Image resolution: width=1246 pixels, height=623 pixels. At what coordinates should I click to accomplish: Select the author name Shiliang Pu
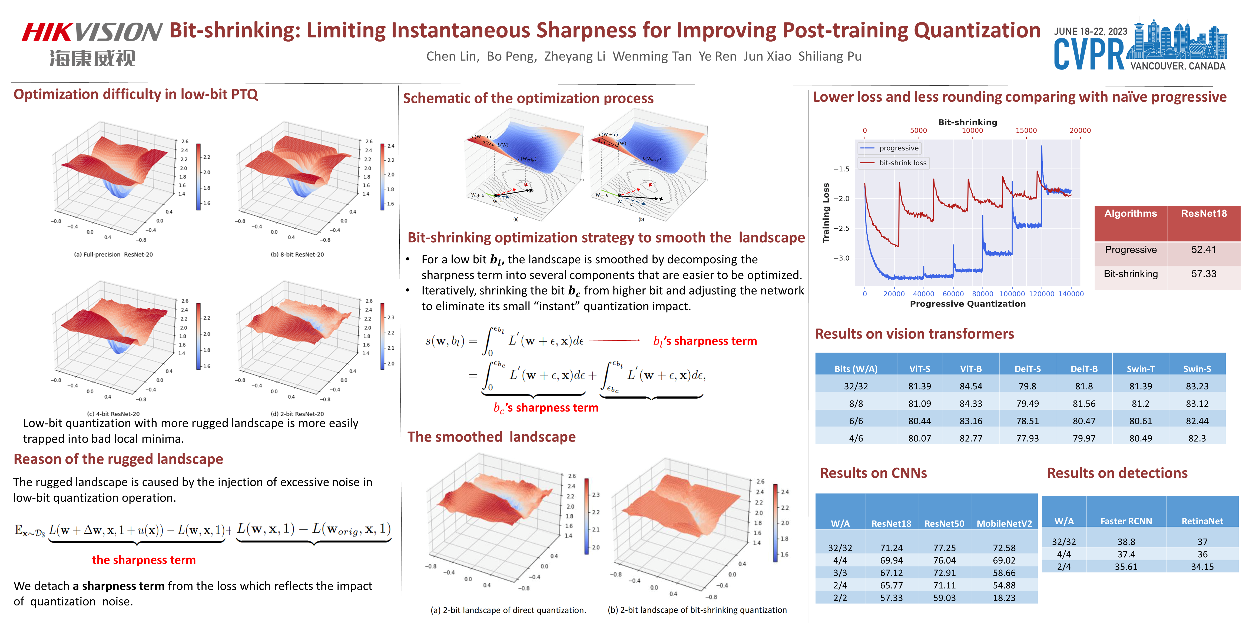(830, 57)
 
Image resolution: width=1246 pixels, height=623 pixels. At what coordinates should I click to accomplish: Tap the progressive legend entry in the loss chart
(898, 148)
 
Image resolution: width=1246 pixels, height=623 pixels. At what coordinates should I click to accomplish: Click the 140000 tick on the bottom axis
(1071, 294)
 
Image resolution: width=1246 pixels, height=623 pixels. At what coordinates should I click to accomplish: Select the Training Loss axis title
(826, 213)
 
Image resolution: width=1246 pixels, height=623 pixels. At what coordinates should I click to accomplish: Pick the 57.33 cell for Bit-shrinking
(1204, 274)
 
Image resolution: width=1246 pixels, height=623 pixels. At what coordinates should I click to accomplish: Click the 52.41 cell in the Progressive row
(1204, 250)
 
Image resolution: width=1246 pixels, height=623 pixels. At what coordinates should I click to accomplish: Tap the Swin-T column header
(1140, 369)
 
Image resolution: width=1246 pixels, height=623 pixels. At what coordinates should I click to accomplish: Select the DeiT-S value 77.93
(1027, 438)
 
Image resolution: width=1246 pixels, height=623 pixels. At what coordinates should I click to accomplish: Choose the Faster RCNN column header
(1126, 521)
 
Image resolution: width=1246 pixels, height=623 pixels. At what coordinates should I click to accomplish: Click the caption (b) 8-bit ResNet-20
(297, 254)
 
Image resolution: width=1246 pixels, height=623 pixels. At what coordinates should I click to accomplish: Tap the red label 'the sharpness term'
(144, 560)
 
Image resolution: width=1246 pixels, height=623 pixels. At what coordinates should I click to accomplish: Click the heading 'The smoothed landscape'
(491, 437)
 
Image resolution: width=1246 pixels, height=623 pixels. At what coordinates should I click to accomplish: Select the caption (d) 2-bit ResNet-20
(297, 414)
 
